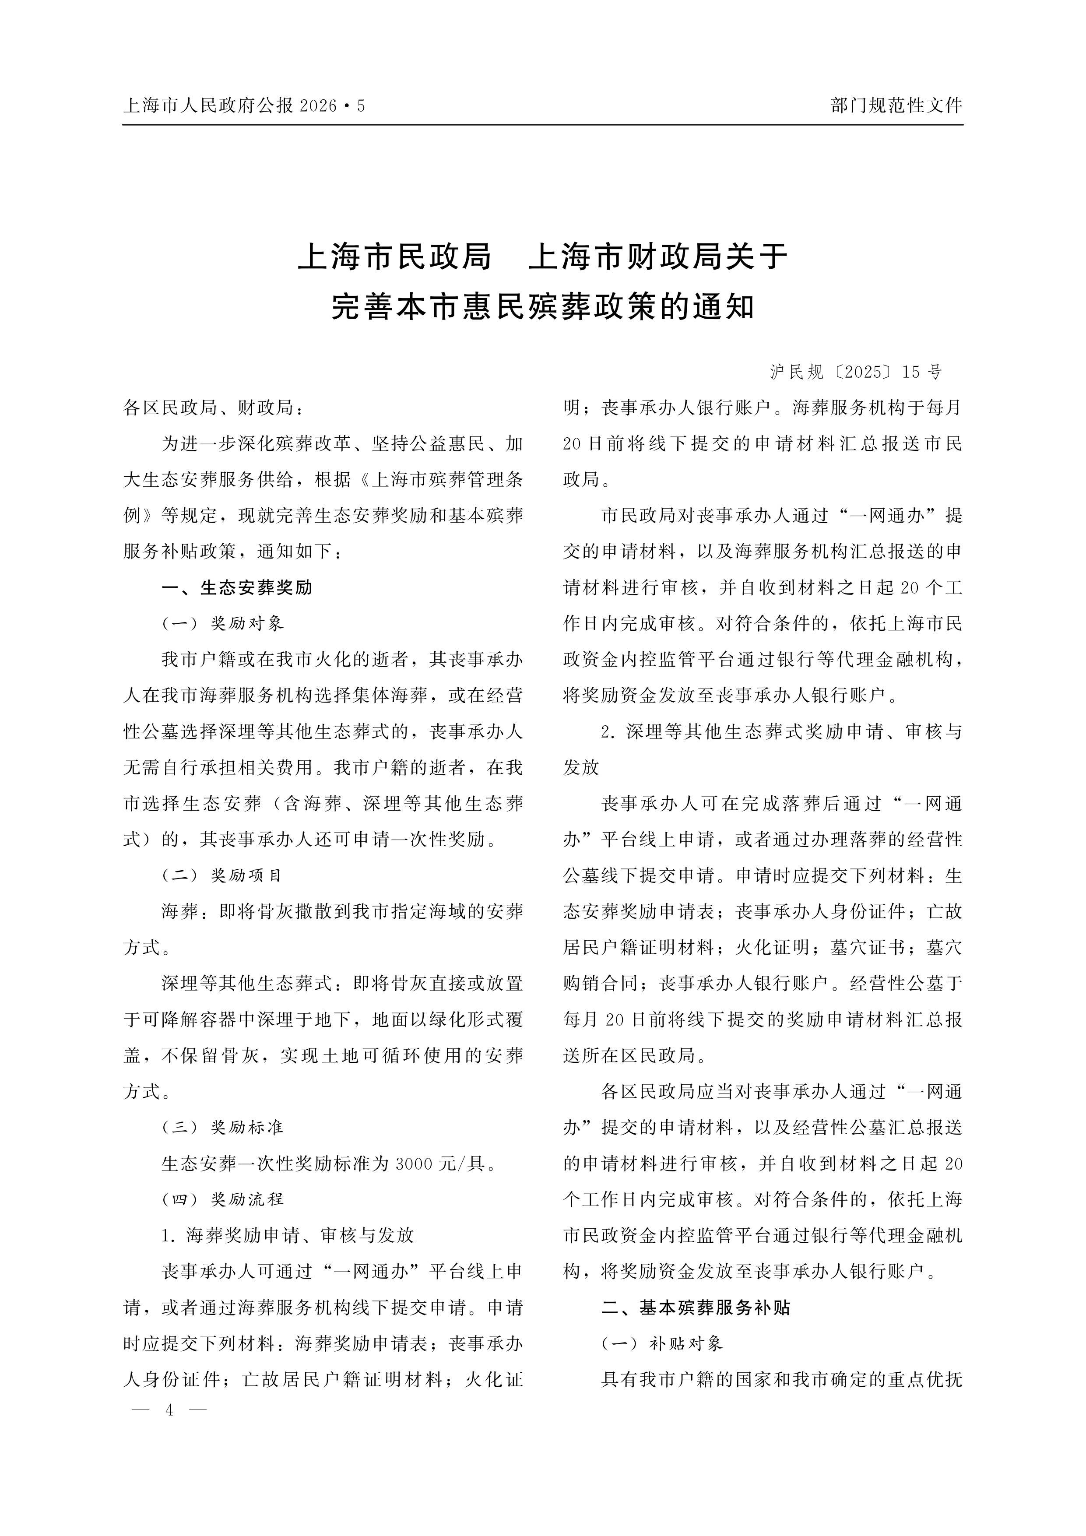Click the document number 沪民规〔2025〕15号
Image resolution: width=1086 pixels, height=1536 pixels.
click(855, 373)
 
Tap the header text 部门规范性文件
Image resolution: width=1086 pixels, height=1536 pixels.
click(896, 105)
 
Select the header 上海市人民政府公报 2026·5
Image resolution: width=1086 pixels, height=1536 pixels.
click(244, 105)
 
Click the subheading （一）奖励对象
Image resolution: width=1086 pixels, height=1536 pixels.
click(223, 623)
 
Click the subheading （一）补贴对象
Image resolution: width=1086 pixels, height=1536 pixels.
click(662, 1343)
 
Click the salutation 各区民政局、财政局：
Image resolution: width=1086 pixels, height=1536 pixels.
click(214, 408)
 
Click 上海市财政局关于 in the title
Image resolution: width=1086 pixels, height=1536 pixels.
click(658, 257)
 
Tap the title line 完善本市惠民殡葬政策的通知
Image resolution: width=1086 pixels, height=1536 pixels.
click(543, 307)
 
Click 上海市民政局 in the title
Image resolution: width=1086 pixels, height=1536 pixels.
click(395, 257)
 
